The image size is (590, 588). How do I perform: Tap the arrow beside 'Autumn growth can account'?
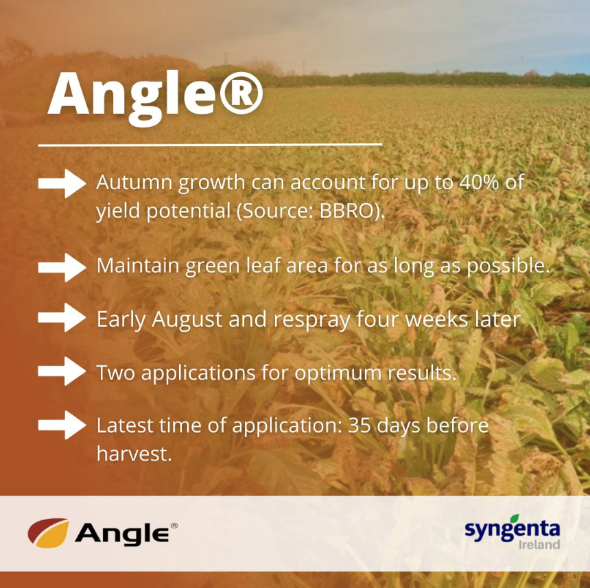62,184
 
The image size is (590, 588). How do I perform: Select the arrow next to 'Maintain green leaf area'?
62,267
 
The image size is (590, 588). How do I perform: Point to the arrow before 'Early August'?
62,318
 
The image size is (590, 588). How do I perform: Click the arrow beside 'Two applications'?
62,371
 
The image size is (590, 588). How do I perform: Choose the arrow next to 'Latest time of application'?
62,424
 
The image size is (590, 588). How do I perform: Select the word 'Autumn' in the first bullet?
134,184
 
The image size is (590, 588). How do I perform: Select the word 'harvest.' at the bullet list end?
134,453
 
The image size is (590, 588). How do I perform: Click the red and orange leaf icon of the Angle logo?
48,533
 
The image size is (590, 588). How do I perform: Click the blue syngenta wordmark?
512,529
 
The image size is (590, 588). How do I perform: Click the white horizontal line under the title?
209,145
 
